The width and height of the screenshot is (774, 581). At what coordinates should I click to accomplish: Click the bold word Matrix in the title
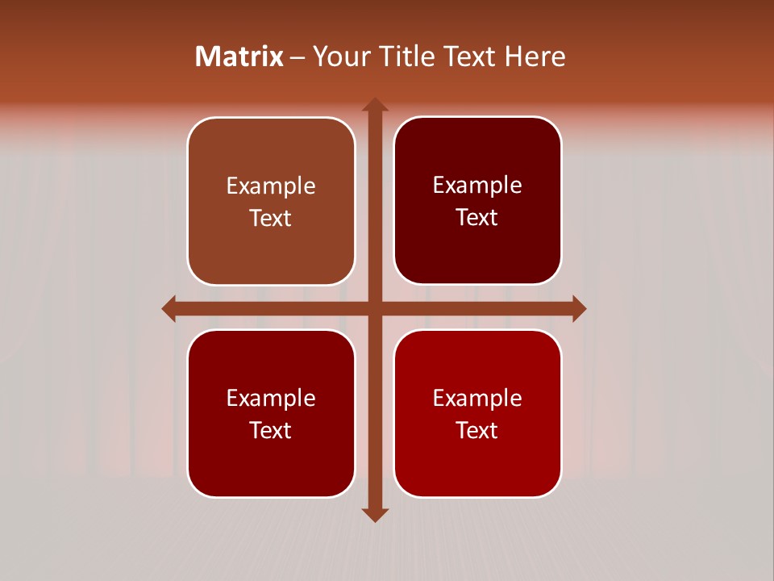(x=239, y=56)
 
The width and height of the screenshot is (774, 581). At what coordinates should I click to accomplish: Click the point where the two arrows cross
(x=374, y=308)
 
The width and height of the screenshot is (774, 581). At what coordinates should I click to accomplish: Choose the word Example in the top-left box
(x=271, y=186)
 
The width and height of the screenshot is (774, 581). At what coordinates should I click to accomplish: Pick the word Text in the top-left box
(x=271, y=219)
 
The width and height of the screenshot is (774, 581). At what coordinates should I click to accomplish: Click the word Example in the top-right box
(x=477, y=186)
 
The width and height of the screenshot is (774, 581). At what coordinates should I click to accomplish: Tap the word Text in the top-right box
(x=477, y=218)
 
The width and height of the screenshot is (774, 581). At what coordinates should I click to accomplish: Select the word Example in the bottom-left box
(x=271, y=399)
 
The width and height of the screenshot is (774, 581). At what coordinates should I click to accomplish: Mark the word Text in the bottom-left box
(x=271, y=431)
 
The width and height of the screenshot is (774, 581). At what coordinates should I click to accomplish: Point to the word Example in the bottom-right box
(x=477, y=399)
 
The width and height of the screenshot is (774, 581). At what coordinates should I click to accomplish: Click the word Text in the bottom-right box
(x=477, y=431)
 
